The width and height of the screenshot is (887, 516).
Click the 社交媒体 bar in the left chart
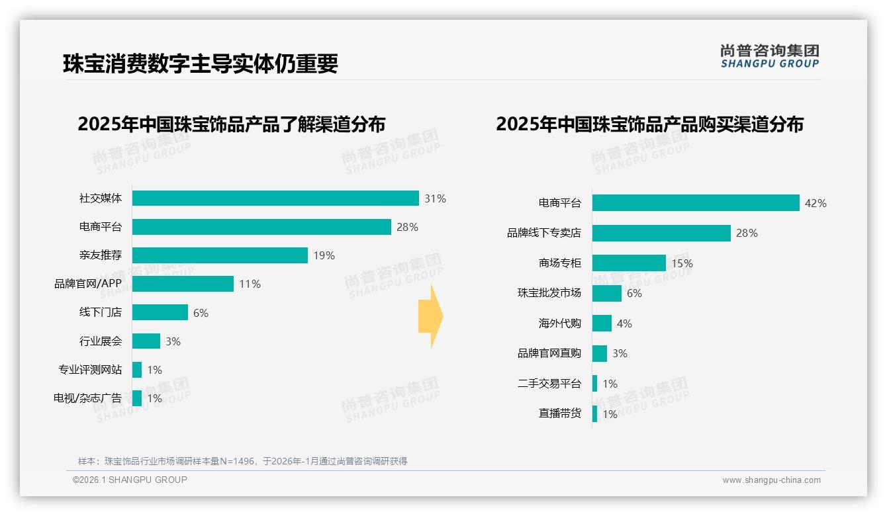click(275, 198)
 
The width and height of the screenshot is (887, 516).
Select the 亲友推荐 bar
click(220, 255)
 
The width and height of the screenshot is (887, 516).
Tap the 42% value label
click(816, 203)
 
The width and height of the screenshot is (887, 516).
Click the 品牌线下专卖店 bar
click(661, 233)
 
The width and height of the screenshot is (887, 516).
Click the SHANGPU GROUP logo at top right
click(769, 56)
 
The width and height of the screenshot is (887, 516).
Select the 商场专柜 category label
click(559, 263)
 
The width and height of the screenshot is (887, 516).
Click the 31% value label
click(435, 198)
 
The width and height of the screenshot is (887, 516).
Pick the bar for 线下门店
click(160, 312)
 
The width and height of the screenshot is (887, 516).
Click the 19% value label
click(324, 255)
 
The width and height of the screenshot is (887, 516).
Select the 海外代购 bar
click(602, 323)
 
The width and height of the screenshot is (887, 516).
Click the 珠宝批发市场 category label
click(549, 293)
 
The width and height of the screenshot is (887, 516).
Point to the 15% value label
click(682, 263)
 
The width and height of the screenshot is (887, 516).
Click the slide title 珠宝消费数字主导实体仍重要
click(201, 64)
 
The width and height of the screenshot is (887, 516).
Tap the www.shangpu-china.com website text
click(771, 480)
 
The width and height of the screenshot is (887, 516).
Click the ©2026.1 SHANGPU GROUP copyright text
click(130, 480)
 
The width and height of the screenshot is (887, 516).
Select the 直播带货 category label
click(559, 413)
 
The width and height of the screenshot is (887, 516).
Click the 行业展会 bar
click(146, 341)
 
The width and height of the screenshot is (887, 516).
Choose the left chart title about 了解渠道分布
click(231, 124)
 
